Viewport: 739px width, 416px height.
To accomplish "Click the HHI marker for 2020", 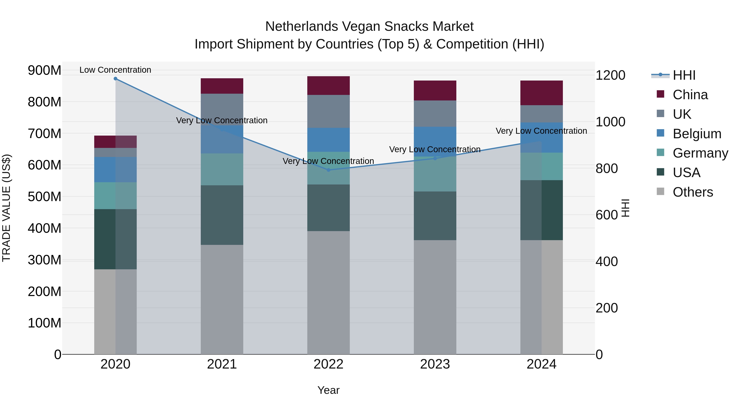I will tap(115, 79).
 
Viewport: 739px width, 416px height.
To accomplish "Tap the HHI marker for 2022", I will tap(328, 170).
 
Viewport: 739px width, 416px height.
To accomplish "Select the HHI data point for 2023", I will tap(435, 158).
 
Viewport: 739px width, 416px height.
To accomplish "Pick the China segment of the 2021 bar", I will tap(222, 86).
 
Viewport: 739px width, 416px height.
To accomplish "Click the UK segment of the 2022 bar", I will tap(328, 111).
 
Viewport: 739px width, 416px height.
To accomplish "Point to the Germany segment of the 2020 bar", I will tap(115, 196).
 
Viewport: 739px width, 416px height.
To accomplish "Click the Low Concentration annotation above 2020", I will tap(115, 70).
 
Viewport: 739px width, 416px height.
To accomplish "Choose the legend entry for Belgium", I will tap(697, 134).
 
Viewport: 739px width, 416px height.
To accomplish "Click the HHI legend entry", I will tap(684, 75).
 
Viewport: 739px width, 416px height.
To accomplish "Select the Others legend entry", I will tap(693, 192).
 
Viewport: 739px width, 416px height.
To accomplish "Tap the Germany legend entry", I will tap(700, 153).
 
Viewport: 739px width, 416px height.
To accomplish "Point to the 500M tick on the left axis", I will tap(45, 197).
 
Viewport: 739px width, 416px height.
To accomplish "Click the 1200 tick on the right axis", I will tap(610, 75).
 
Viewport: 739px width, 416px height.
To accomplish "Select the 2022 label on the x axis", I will tap(328, 364).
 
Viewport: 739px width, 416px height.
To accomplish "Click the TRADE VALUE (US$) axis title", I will tap(7, 208).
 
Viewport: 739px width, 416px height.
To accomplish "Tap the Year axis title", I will tap(328, 390).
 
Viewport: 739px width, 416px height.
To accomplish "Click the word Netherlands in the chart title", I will tap(301, 27).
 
